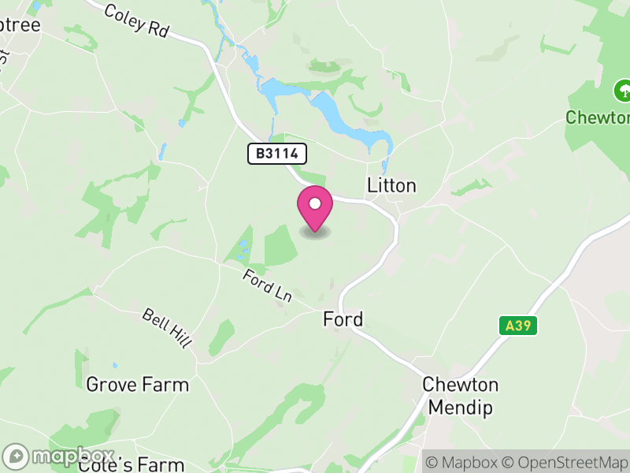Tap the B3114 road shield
tap(277, 154)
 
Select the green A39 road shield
tap(517, 325)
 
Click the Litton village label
tap(391, 185)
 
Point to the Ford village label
tap(343, 319)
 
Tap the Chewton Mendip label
tap(461, 397)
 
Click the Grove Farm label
tap(137, 385)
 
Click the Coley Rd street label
tap(136, 20)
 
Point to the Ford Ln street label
tap(267, 285)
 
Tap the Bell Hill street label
tap(167, 326)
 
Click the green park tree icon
tap(623, 88)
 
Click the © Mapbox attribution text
tap(465, 462)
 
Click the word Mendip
tap(461, 408)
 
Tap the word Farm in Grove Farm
tap(166, 385)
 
